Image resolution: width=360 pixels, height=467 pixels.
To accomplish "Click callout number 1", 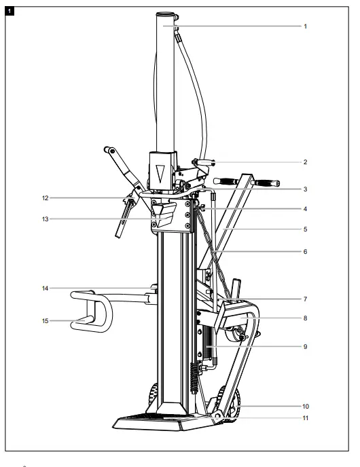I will coord(306,26).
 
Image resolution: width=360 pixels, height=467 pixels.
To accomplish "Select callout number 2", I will coord(306,162).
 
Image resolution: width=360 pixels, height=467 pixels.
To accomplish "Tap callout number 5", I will coord(306,229).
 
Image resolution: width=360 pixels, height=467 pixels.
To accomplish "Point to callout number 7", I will coord(306,299).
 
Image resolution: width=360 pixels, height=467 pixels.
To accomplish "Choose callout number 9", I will coord(306,346).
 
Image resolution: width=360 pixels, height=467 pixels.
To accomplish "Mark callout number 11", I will coord(306,418).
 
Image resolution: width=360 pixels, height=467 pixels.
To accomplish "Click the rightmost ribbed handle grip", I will coord(266,184).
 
